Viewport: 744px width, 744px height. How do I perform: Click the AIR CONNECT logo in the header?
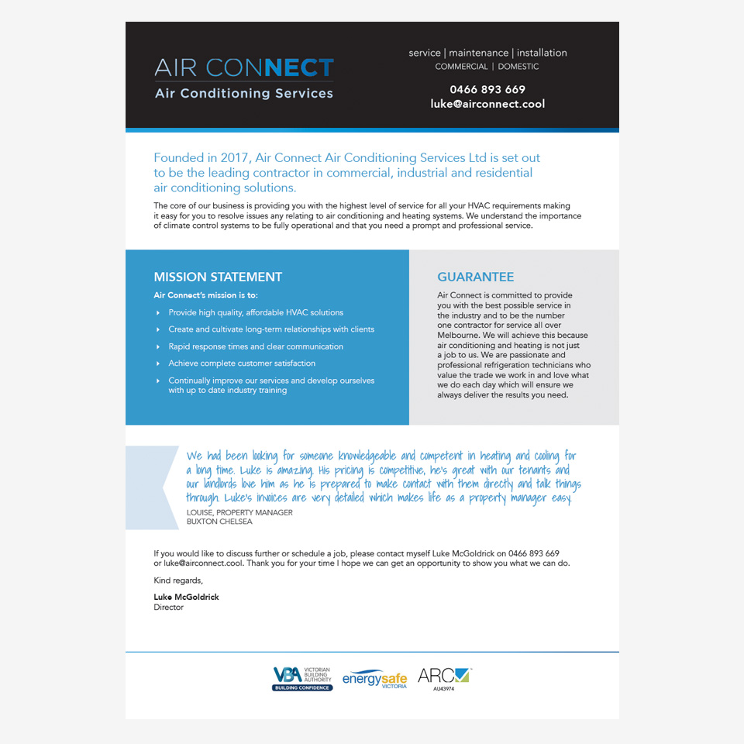(x=244, y=78)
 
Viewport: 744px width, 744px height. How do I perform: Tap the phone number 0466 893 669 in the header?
(x=487, y=89)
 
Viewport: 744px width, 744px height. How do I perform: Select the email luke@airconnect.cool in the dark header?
(x=487, y=104)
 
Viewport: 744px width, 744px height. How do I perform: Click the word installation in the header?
(x=542, y=53)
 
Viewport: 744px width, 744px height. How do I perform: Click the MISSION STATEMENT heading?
(x=218, y=277)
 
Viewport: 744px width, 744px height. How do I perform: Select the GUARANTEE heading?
(x=475, y=277)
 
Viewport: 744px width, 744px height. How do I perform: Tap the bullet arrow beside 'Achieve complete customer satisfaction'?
(x=159, y=363)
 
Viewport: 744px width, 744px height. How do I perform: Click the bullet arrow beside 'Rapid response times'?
(x=159, y=346)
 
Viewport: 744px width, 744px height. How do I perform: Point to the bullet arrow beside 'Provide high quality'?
(x=159, y=313)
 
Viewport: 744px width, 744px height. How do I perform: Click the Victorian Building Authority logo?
(x=301, y=678)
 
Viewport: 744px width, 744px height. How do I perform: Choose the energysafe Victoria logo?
(x=374, y=679)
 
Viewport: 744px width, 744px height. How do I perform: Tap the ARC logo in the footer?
(x=443, y=676)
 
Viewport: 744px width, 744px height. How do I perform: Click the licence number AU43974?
(x=444, y=689)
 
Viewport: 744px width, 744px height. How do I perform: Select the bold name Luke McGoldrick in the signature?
(x=186, y=597)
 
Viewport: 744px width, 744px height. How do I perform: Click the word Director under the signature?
(x=169, y=608)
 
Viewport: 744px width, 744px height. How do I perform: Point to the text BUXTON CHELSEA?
(x=219, y=522)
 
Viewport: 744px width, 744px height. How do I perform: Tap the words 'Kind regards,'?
(x=178, y=580)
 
